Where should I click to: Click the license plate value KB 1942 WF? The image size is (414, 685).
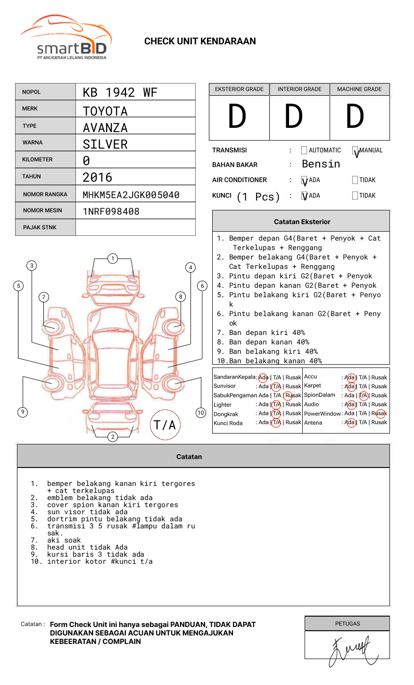(x=120, y=92)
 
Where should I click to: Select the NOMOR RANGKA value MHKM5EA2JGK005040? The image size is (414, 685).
(x=131, y=195)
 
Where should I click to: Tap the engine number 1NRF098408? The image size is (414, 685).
(x=111, y=211)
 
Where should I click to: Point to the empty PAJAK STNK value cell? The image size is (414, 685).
(x=135, y=227)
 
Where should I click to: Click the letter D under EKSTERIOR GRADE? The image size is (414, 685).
(x=237, y=117)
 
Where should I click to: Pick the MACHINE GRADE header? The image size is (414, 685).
(x=359, y=89)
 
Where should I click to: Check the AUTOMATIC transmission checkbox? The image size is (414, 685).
(x=304, y=150)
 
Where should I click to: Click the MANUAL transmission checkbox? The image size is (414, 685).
(x=355, y=150)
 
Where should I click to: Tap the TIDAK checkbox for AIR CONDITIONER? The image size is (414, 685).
(x=355, y=180)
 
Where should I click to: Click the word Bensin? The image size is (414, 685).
(x=321, y=164)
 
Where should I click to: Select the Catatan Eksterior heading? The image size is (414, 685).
(x=302, y=222)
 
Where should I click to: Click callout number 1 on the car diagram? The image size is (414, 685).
(x=112, y=259)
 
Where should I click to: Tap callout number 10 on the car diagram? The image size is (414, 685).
(x=201, y=413)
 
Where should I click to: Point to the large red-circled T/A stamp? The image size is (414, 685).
(x=165, y=425)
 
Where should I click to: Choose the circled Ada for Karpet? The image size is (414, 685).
(x=350, y=386)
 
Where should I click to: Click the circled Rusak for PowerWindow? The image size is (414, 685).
(x=380, y=414)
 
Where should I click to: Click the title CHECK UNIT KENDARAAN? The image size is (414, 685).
(x=200, y=42)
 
